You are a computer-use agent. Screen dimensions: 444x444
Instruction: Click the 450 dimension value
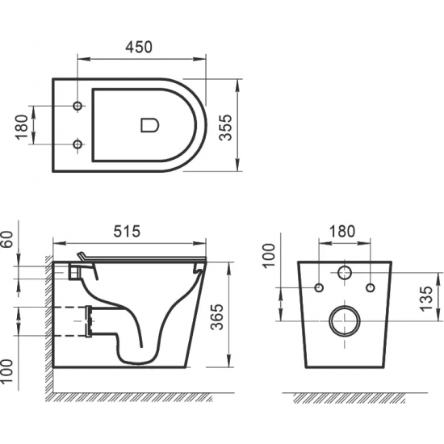(x=138, y=48)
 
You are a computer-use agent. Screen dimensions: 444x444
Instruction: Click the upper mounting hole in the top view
(x=78, y=107)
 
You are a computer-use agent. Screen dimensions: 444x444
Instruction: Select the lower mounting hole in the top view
(x=78, y=144)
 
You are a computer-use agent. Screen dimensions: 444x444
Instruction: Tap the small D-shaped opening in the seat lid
(x=150, y=125)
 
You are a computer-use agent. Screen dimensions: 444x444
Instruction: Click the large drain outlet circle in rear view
(x=345, y=321)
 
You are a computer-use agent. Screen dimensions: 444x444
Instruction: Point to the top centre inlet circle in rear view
(x=345, y=273)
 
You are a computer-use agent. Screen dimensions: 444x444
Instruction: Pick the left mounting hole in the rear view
(x=318, y=287)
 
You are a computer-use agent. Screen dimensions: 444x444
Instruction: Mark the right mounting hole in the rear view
(x=371, y=287)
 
